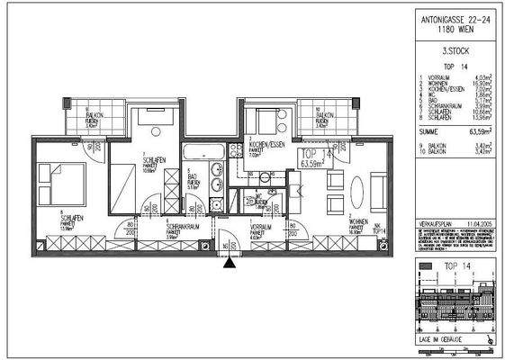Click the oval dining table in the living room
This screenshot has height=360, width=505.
coord(357,192)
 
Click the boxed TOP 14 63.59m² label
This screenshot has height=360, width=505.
coord(312,160)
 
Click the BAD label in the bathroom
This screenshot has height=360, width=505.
coord(190,180)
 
